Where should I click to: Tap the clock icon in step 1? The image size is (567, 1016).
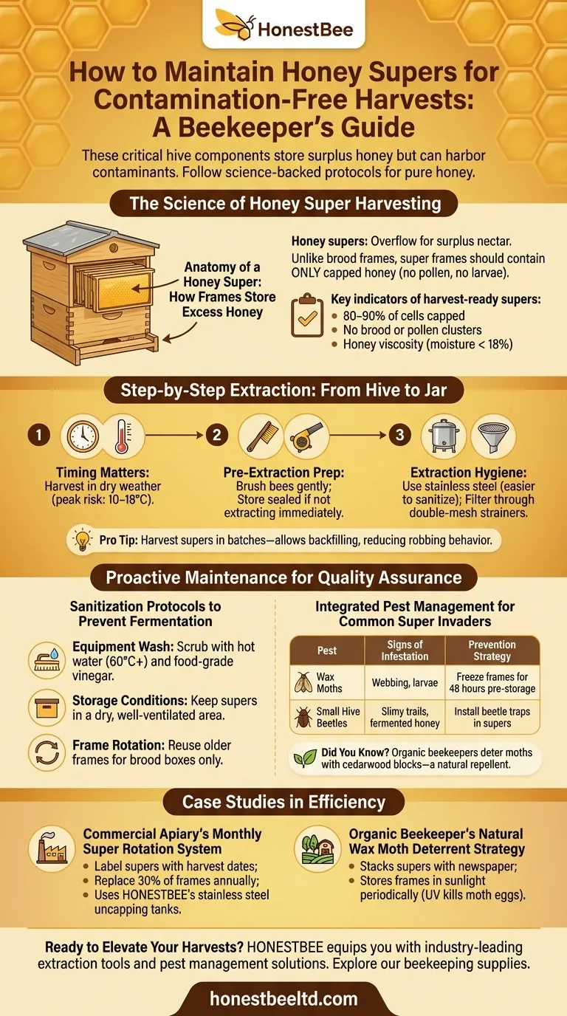[x=83, y=436]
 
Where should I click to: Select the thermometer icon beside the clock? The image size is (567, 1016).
[x=123, y=436]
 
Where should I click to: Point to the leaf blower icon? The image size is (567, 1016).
[x=306, y=436]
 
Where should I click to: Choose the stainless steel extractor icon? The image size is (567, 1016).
[x=444, y=436]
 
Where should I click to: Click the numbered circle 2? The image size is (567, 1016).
[x=217, y=436]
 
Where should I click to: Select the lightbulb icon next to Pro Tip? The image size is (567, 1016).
[x=83, y=540]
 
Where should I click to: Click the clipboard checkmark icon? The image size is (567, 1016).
[x=307, y=315]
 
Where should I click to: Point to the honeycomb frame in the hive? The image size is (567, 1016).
[x=123, y=289]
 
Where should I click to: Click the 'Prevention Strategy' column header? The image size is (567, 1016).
[x=492, y=651]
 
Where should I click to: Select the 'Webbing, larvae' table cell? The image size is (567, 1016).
[x=405, y=682]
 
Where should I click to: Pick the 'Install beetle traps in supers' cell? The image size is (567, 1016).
[x=492, y=717]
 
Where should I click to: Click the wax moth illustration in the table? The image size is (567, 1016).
[x=303, y=682]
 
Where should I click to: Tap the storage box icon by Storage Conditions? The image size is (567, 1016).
[x=47, y=707]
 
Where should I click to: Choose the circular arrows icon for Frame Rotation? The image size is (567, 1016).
[x=47, y=753]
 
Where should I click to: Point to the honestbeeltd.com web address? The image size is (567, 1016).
[x=284, y=999]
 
